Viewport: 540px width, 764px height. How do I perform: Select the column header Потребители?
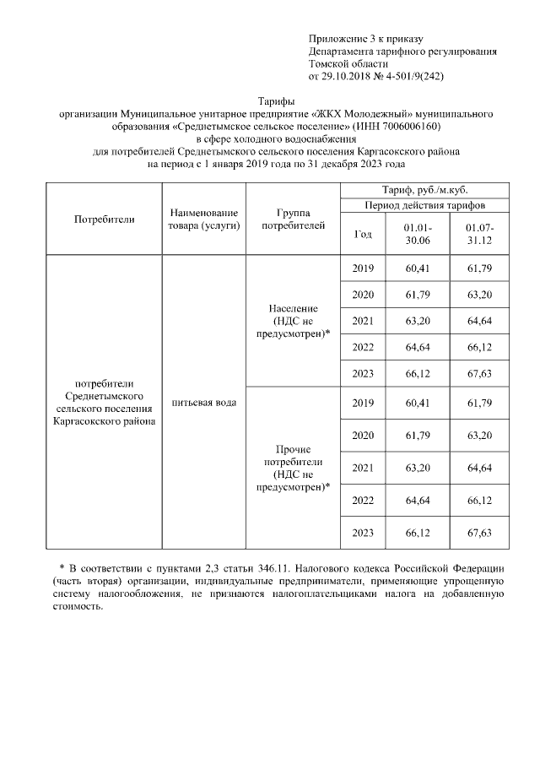coord(105,219)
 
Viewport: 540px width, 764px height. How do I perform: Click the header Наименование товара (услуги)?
coord(203,219)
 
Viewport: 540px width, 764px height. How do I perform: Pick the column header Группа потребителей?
coord(292,219)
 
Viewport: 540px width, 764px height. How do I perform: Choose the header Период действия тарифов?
coord(424,205)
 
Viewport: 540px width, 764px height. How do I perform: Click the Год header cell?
coord(362,235)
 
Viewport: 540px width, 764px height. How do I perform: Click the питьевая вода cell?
coord(203,402)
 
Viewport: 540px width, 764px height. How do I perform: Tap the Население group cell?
coord(292,321)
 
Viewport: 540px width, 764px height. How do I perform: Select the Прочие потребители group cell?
coord(292,468)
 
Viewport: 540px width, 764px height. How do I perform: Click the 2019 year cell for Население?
coord(362,268)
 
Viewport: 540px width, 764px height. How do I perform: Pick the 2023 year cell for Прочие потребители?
coord(362,534)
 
